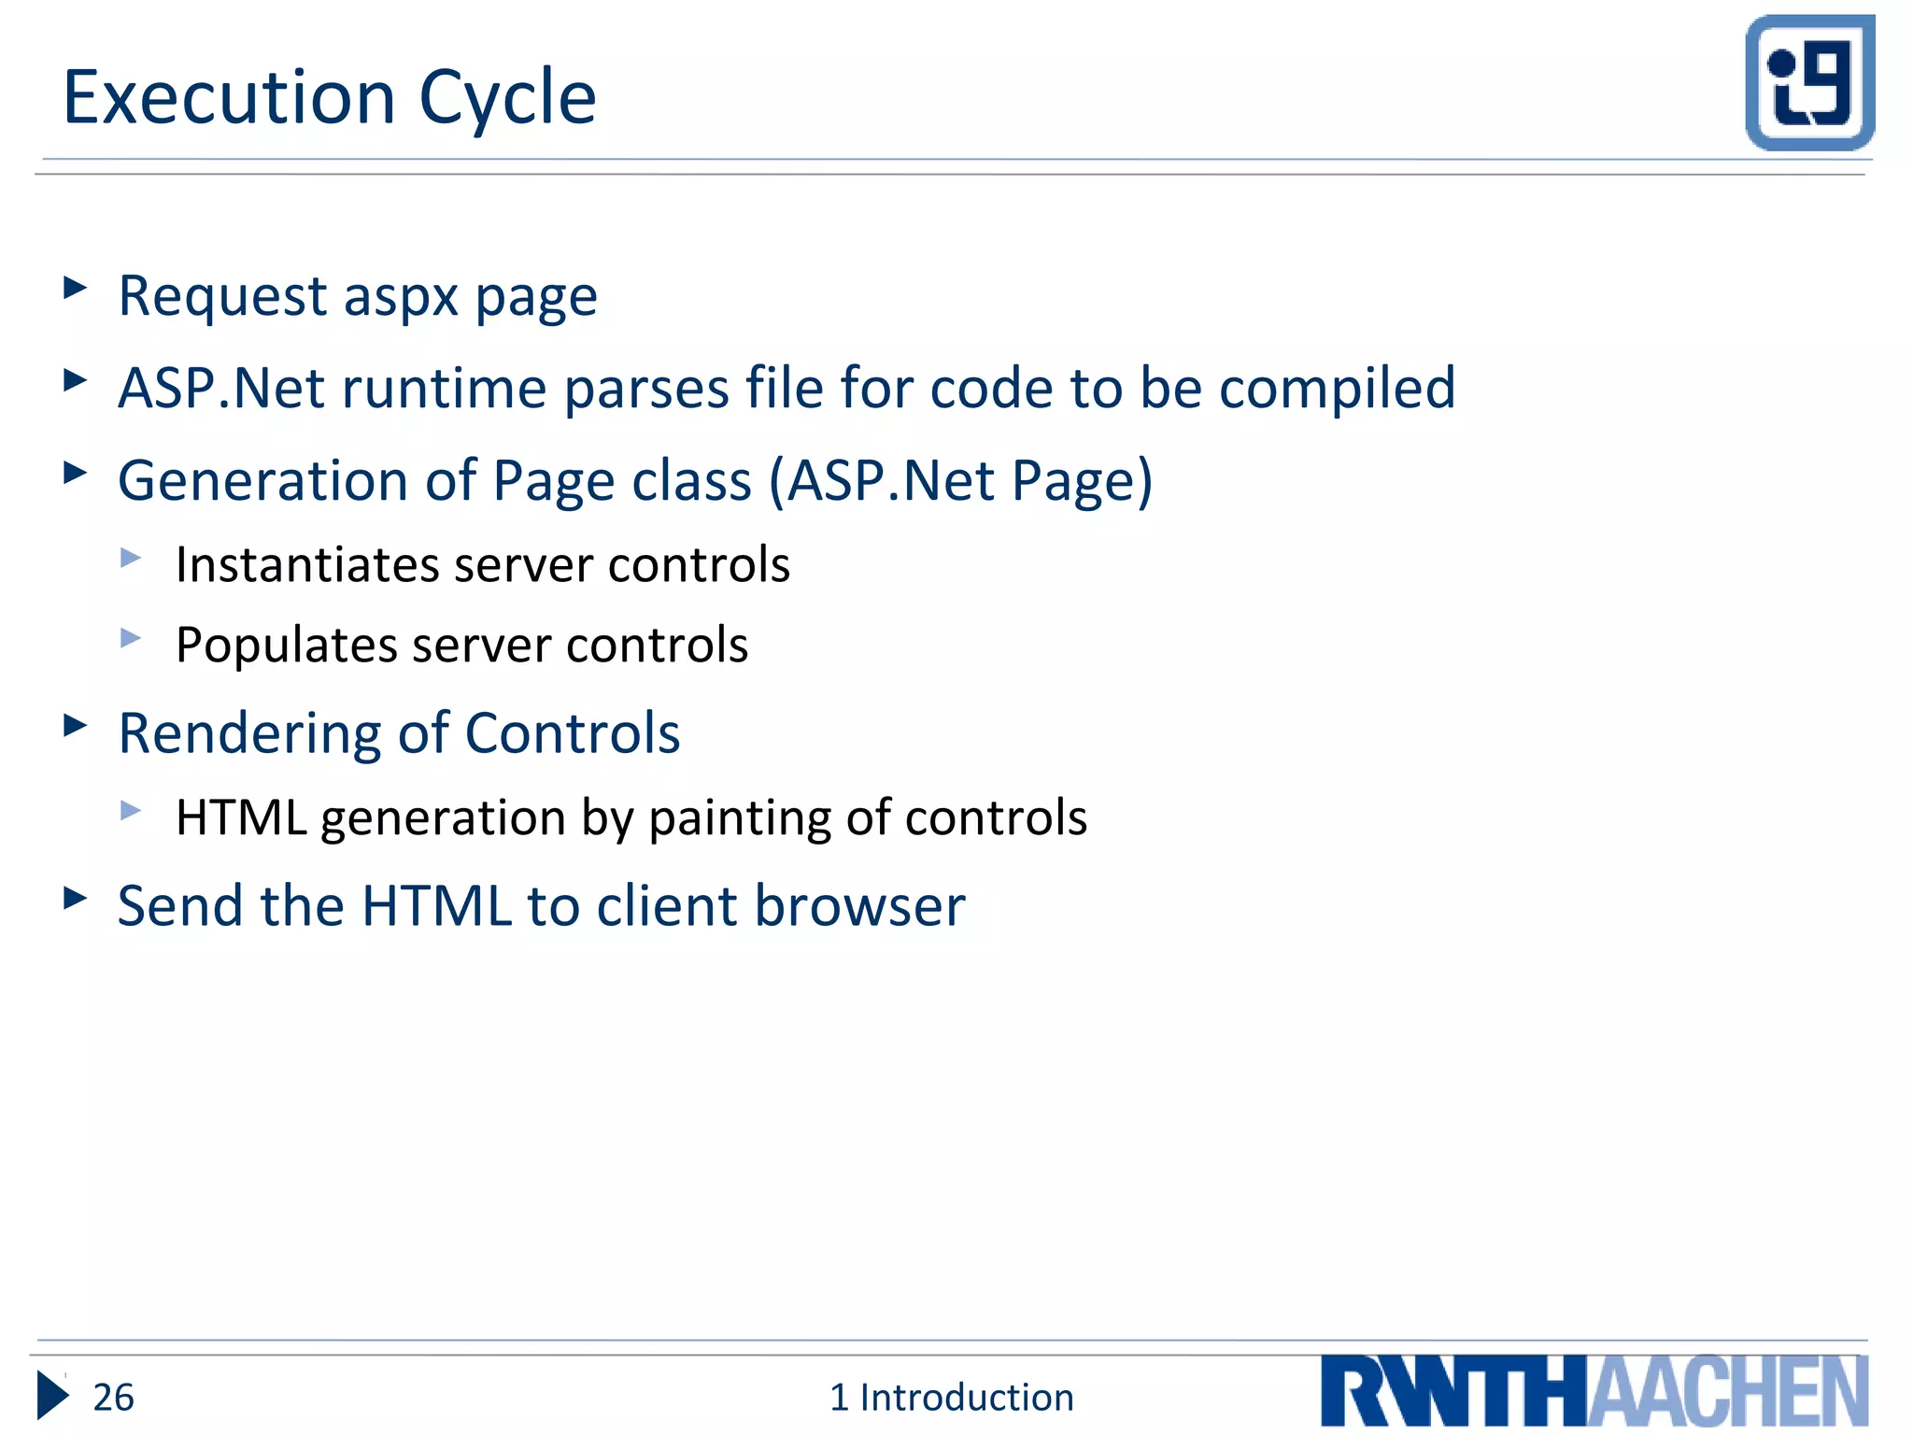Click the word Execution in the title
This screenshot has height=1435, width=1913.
229,97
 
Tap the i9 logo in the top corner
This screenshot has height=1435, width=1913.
1809,82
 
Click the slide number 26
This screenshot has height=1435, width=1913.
113,1398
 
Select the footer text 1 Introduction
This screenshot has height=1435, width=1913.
951,1398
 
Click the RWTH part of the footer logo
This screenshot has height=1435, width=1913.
1453,1392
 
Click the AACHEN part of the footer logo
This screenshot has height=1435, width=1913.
1728,1392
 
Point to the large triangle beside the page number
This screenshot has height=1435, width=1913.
52,1396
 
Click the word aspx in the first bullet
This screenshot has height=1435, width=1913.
401,297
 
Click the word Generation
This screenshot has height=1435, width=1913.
262,480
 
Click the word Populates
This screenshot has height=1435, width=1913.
286,645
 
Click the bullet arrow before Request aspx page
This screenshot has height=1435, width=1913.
75,287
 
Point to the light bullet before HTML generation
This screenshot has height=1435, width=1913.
131,810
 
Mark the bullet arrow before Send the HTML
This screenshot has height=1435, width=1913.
75,898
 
